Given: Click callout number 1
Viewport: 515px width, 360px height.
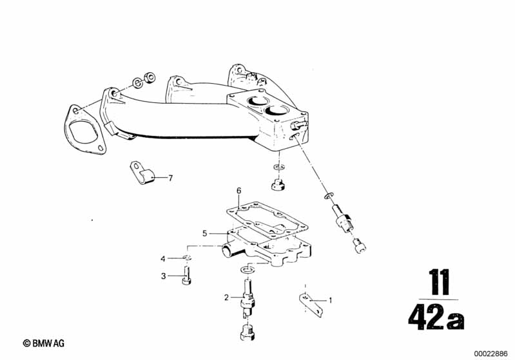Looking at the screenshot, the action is [x=331, y=299].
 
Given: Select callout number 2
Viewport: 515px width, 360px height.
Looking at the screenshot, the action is [x=226, y=297].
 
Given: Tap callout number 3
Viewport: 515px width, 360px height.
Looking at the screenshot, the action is [x=164, y=276].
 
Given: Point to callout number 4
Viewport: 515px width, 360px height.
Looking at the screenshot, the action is [x=164, y=259].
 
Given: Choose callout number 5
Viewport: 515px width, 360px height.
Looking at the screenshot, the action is [x=204, y=233].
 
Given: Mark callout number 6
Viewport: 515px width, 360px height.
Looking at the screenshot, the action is [x=238, y=191].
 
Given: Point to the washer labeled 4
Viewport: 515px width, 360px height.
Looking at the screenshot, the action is [x=186, y=259].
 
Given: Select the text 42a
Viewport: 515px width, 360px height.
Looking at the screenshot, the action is [x=436, y=316].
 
